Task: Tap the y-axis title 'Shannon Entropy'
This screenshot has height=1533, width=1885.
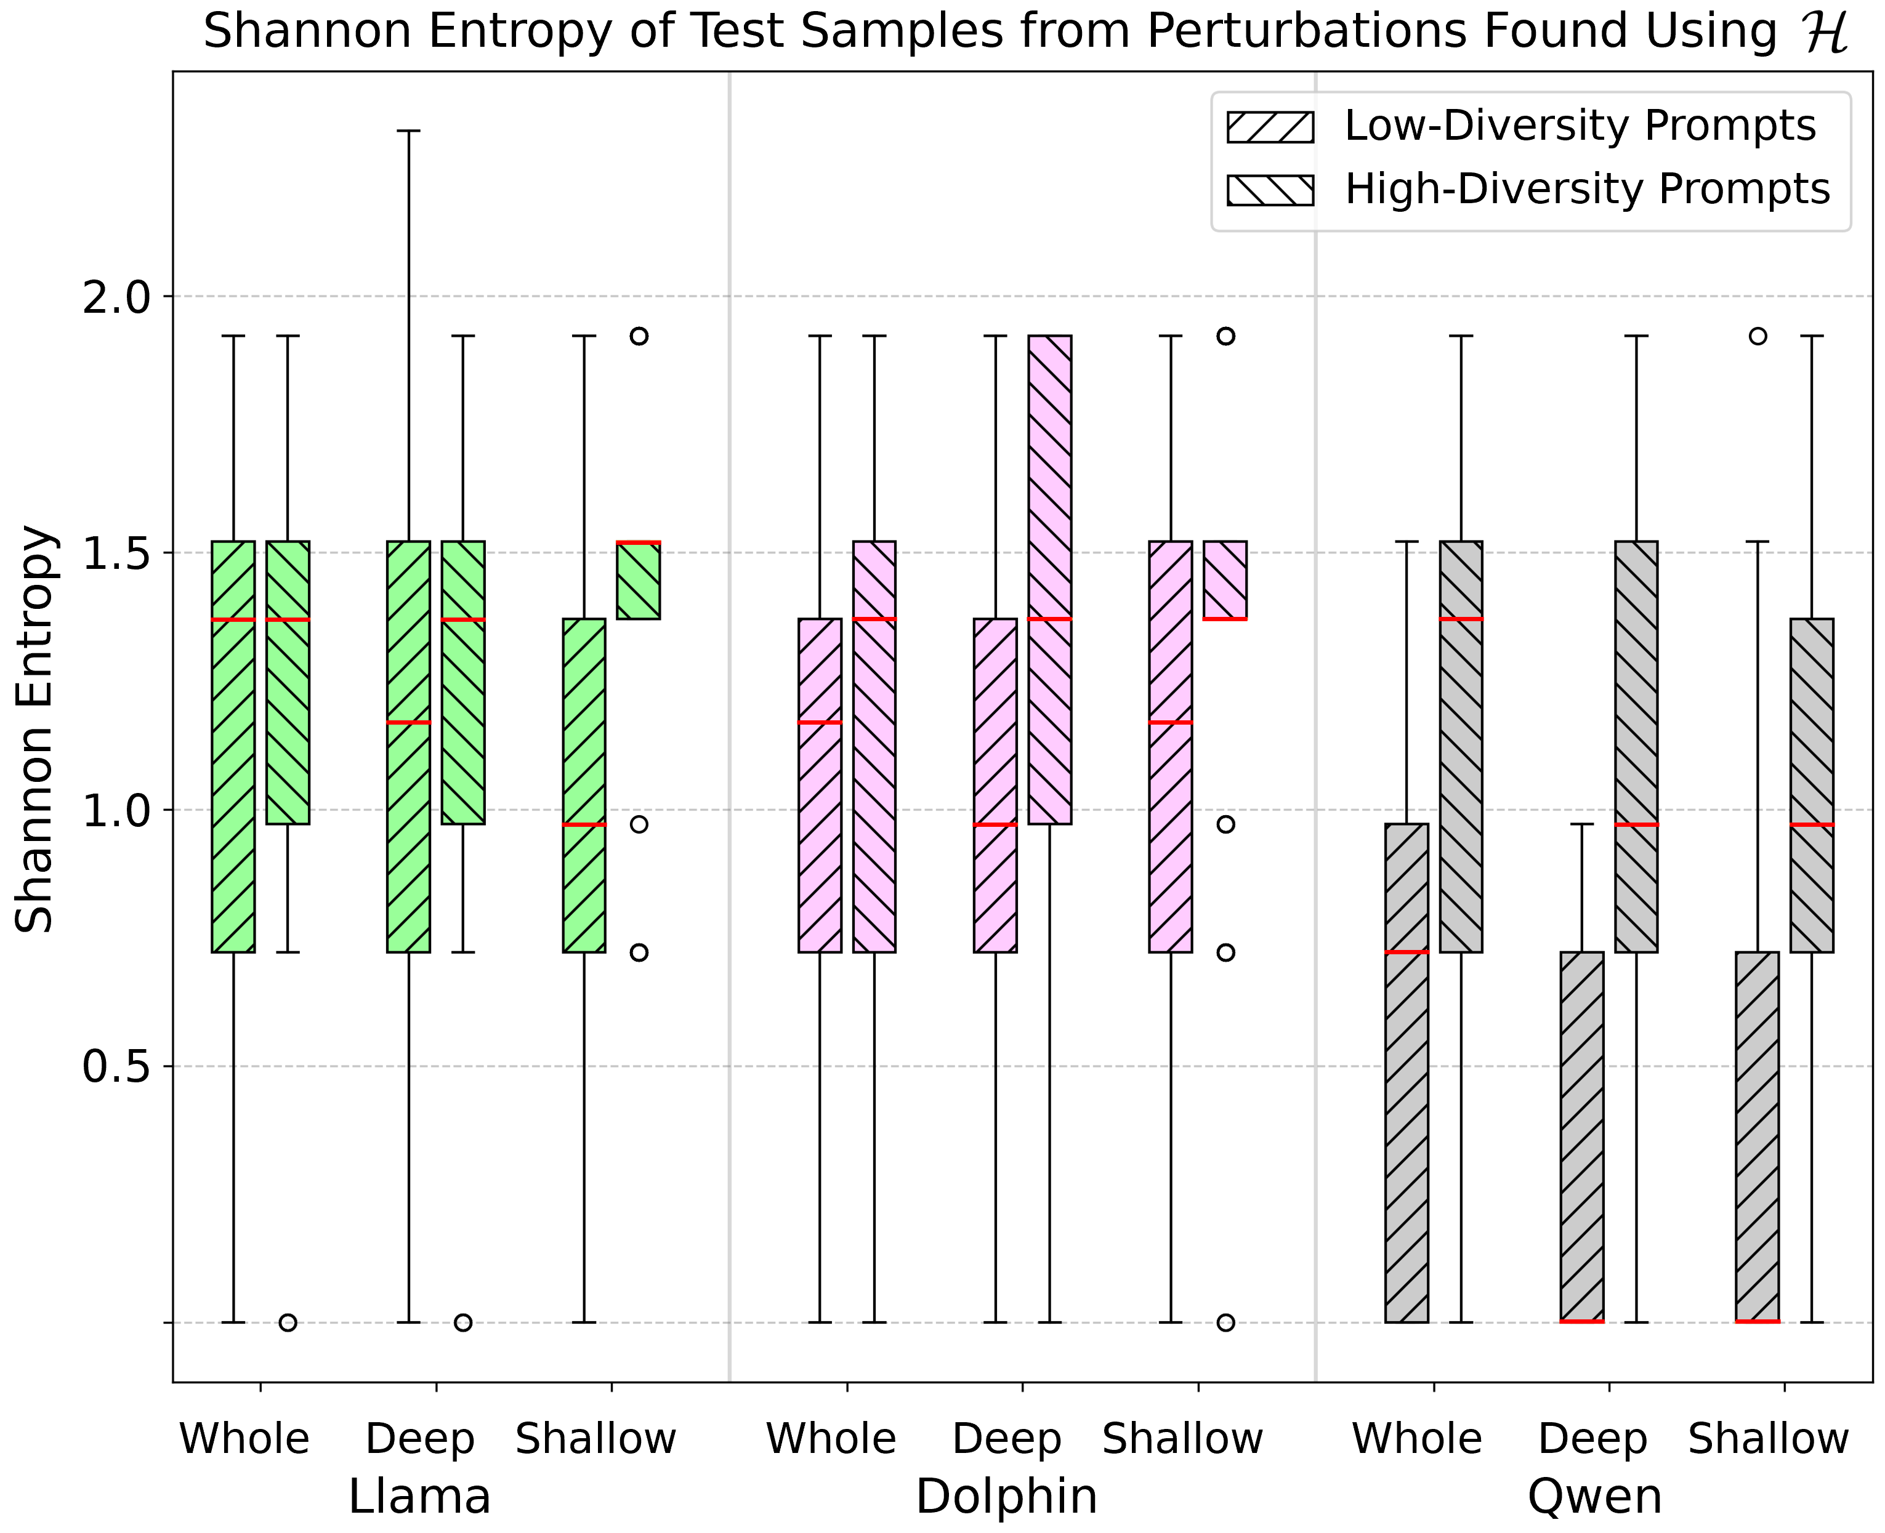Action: click(x=35, y=730)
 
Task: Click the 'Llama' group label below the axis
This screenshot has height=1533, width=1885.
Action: click(x=419, y=1496)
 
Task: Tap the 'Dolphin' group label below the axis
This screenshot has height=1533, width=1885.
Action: click(x=1006, y=1496)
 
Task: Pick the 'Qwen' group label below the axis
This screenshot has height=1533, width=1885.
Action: click(x=1594, y=1496)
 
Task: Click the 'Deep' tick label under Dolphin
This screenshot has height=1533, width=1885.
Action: click(x=1006, y=1439)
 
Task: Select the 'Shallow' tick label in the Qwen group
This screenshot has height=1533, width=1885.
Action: click(x=1769, y=1439)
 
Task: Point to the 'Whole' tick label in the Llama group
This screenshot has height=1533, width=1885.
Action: click(x=244, y=1439)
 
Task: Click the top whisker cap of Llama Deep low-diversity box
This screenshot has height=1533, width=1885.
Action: click(x=408, y=131)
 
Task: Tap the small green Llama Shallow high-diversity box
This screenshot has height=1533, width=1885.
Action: click(x=639, y=580)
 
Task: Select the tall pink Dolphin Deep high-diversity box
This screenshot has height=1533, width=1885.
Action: click(x=1050, y=579)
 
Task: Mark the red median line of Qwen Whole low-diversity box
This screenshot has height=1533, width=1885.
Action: click(x=1407, y=952)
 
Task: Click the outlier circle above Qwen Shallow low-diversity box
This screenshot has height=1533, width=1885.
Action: click(x=1758, y=336)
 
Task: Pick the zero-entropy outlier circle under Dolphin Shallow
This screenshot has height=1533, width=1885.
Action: click(x=1225, y=1322)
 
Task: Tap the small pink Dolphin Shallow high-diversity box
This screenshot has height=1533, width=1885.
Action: click(x=1225, y=580)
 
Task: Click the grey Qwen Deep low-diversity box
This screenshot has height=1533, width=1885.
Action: click(x=1582, y=1137)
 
